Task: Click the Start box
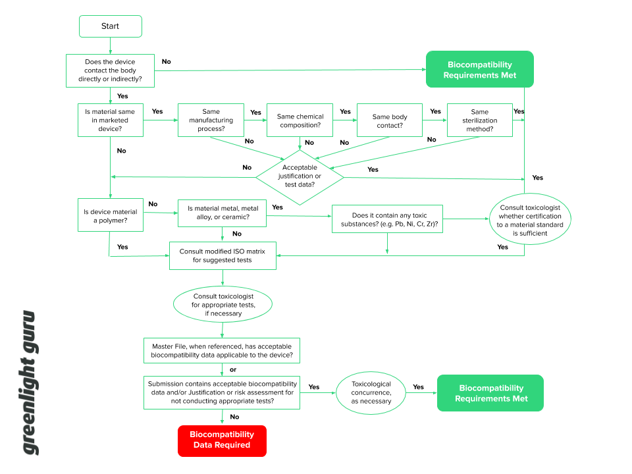pos(110,26)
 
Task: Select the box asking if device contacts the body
pos(110,70)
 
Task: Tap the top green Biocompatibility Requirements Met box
pos(479,70)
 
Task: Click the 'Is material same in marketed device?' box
pos(110,120)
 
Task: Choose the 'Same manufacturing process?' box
pos(211,120)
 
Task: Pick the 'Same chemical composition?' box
pos(300,120)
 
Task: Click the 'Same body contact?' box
pos(390,120)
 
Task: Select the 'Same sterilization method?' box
pos(479,120)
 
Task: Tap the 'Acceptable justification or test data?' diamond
pos(300,176)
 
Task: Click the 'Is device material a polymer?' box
pos(110,216)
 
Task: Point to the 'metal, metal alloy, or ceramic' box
pos(223,213)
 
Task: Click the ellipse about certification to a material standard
pos(530,220)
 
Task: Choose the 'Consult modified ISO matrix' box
pos(223,255)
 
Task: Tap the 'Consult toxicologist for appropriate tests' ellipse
pos(223,305)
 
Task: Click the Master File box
pos(223,351)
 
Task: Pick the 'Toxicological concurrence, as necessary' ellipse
pos(371,393)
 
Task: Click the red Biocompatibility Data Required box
pos(222,440)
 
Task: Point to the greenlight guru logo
pos(30,382)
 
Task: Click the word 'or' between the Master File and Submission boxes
pos(232,369)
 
